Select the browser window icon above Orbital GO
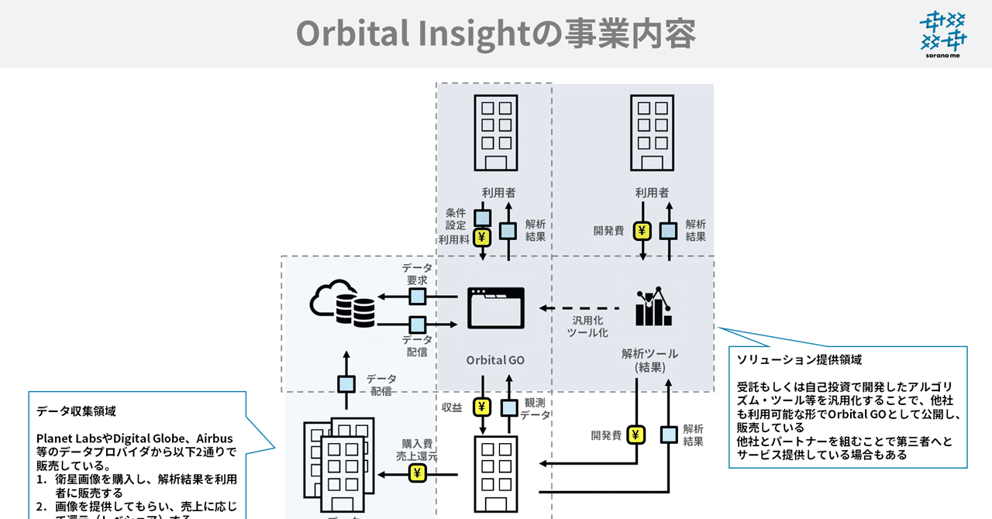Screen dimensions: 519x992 click(x=496, y=308)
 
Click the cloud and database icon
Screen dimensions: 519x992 click(x=342, y=303)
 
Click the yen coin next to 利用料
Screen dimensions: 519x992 click(x=482, y=237)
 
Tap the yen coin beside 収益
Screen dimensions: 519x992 click(x=483, y=407)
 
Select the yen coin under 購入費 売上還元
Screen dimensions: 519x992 click(x=417, y=473)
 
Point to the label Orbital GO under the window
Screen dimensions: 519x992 click(x=495, y=360)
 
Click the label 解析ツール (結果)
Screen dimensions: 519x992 click(x=649, y=360)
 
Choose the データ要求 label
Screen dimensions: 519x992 click(x=417, y=273)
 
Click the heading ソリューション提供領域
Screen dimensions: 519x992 click(x=798, y=360)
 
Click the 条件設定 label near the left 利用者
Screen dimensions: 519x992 click(x=456, y=218)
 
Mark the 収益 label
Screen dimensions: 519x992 click(x=452, y=407)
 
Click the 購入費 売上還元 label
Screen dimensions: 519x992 click(x=416, y=450)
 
